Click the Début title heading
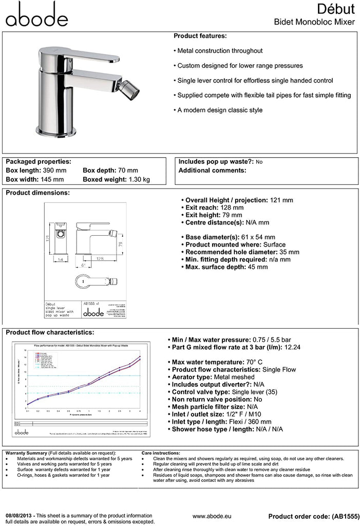[x=335, y=9]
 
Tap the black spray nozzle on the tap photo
[x=132, y=91]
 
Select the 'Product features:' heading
[x=200, y=36]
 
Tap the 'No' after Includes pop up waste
[x=259, y=162]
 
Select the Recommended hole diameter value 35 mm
[x=288, y=252]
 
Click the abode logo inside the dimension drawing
[x=94, y=312]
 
